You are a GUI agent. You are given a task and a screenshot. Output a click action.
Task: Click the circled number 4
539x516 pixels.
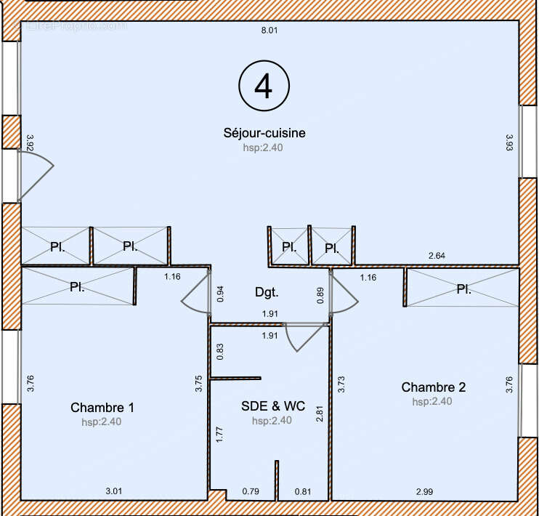(264, 86)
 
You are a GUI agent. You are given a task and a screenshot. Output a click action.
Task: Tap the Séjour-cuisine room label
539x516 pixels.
(264, 133)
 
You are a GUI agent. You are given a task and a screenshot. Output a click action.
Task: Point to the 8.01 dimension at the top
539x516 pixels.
(269, 31)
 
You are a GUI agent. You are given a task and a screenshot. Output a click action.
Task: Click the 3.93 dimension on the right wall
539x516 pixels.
(509, 142)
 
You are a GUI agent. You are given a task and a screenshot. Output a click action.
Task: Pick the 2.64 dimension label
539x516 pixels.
(437, 256)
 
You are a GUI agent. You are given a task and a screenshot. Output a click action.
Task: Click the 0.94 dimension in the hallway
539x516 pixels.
(220, 294)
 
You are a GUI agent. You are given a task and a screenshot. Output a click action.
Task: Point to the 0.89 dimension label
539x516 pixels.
(320, 294)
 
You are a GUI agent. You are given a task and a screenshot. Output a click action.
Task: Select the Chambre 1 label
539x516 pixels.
(102, 408)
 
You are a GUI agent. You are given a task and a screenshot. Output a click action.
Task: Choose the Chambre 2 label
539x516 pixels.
(433, 387)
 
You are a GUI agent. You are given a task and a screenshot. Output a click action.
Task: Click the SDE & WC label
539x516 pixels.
(271, 407)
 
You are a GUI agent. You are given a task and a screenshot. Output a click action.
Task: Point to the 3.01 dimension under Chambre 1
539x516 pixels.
(114, 492)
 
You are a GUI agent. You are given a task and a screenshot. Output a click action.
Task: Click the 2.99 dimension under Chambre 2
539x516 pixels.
(426, 492)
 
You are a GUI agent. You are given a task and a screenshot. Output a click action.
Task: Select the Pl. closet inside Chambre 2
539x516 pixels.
(463, 289)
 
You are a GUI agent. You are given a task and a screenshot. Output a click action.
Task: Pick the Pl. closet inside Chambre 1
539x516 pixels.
(77, 287)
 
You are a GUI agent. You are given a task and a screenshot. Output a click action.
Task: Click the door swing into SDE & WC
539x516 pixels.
(301, 336)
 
